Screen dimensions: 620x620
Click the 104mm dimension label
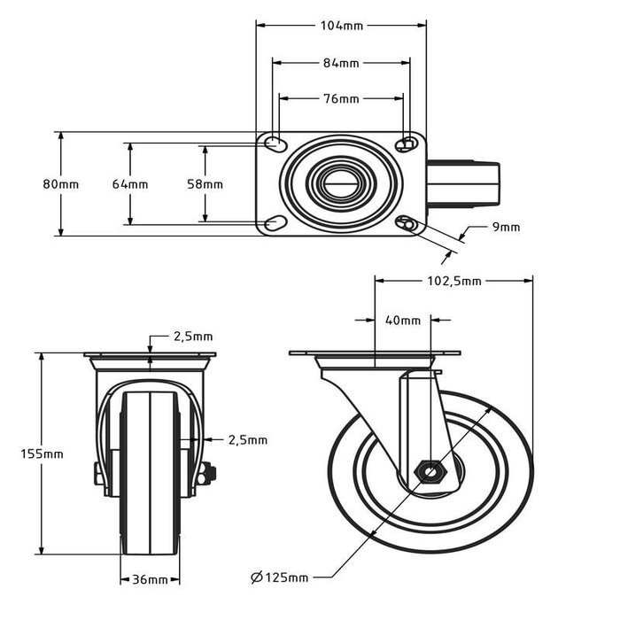point(341,26)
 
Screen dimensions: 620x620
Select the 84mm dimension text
point(341,63)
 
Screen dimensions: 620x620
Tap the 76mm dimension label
point(341,99)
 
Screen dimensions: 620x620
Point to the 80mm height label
point(60,184)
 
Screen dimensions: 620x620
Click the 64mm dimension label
point(130,184)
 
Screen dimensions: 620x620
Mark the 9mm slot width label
point(506,228)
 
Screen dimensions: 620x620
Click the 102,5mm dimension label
point(453,282)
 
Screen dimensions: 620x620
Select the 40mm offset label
point(404,321)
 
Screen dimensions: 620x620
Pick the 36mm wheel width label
point(150,580)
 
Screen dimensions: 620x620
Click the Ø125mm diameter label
point(280,578)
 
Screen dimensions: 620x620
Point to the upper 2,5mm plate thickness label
point(192,337)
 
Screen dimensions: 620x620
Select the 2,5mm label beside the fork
point(247,439)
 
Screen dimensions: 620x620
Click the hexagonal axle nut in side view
point(430,471)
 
